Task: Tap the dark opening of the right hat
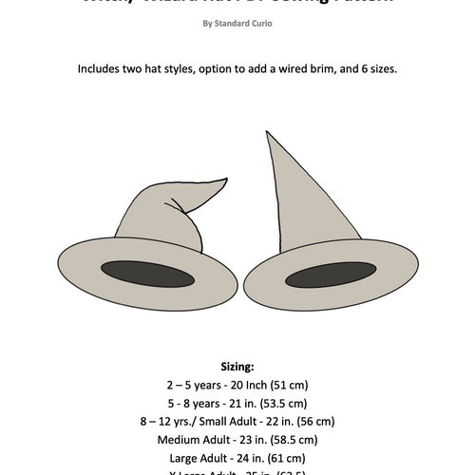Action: tap(328, 276)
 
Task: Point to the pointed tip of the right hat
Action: tap(268, 134)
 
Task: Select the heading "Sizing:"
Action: tap(237, 366)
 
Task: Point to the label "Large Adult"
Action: tap(200, 457)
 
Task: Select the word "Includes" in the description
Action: tap(104, 70)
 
